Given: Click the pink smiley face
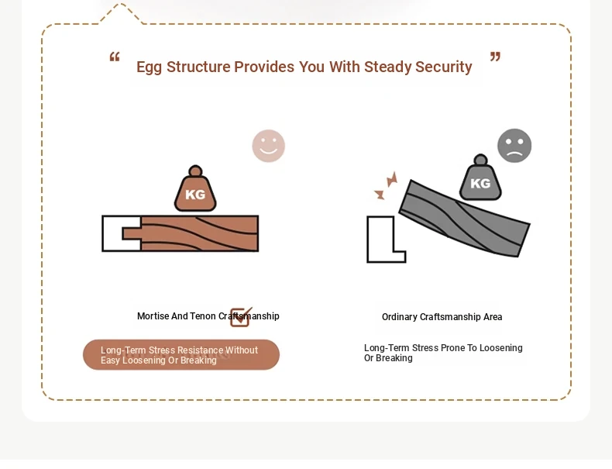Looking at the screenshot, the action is click(269, 146).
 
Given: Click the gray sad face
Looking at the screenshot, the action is click(514, 146).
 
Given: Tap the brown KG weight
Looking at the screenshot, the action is click(195, 188).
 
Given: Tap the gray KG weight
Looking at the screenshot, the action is click(480, 178).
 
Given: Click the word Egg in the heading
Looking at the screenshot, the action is click(149, 67).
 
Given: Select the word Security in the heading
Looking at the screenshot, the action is click(443, 67).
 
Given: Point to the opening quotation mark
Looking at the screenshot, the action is click(115, 57).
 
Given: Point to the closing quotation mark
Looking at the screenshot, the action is click(495, 57).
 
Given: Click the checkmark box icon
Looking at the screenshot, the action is click(241, 317).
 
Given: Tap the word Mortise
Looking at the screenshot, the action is click(153, 316).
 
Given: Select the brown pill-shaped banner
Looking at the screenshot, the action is click(181, 354).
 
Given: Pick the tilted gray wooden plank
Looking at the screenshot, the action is click(465, 218).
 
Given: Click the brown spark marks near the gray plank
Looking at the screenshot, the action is click(386, 185).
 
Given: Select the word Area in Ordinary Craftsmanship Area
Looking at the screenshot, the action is click(493, 317).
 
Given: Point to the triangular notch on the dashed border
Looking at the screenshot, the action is click(120, 14).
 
